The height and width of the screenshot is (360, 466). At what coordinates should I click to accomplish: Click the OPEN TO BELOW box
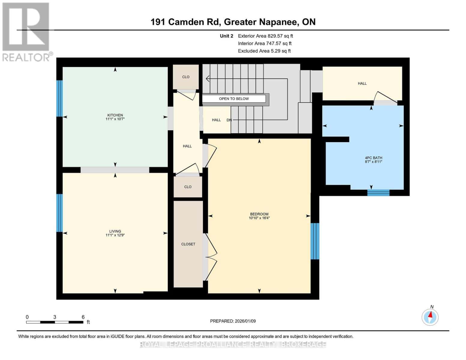(234, 99)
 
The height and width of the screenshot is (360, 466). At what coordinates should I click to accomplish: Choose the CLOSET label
(188, 244)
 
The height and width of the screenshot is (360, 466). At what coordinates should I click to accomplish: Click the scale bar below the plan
(55, 322)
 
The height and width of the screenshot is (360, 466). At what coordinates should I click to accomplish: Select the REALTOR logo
(26, 31)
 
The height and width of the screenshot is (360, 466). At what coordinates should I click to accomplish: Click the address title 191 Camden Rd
(233, 22)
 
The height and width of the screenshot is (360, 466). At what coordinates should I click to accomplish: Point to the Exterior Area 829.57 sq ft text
(265, 36)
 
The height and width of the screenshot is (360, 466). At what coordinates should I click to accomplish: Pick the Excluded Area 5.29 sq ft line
(264, 51)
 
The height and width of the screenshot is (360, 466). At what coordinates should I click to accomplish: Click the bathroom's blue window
(378, 193)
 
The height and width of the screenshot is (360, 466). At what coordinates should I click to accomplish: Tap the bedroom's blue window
(315, 241)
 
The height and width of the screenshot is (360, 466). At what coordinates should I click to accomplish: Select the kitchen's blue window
(60, 98)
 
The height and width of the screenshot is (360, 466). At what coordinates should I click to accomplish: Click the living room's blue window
(60, 213)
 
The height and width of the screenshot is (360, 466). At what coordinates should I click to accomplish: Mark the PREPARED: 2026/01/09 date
(233, 321)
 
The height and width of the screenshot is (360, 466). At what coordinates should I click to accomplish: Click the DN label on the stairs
(229, 120)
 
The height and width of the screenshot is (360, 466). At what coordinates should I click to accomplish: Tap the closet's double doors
(210, 257)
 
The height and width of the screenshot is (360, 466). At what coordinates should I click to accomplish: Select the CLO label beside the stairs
(186, 77)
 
